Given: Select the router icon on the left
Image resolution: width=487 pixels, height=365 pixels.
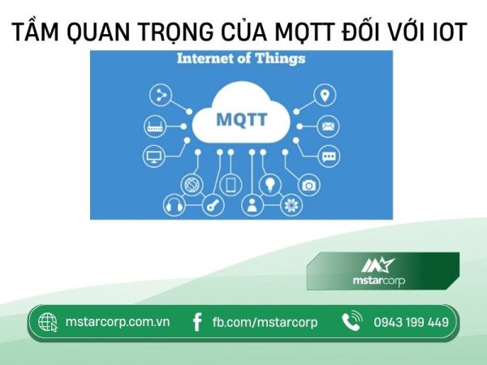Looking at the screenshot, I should [x=155, y=127].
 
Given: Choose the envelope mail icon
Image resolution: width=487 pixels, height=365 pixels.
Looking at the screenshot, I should [x=328, y=127].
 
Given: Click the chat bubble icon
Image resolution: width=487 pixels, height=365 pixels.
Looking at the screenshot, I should [x=329, y=157].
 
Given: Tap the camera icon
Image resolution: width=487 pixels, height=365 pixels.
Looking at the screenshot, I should [x=308, y=185].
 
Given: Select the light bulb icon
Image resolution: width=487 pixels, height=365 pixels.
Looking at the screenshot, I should [x=269, y=183].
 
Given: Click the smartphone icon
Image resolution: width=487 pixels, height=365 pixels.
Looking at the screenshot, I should [x=231, y=184].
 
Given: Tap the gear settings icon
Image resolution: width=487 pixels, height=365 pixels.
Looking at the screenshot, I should [x=290, y=205].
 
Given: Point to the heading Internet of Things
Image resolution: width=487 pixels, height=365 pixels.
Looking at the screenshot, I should [x=241, y=59].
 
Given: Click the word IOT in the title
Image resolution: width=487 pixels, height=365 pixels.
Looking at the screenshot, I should [x=445, y=32].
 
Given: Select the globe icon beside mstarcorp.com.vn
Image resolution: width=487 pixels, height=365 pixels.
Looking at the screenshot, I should [x=48, y=322].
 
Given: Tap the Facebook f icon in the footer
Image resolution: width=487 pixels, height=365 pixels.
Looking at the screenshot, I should [x=196, y=322].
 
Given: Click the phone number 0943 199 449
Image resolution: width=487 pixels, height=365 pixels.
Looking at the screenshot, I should [x=411, y=322].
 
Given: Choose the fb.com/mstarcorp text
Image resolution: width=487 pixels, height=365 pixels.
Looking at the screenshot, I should [x=265, y=322].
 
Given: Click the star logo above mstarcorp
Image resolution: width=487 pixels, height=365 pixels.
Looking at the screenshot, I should [x=377, y=264].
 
